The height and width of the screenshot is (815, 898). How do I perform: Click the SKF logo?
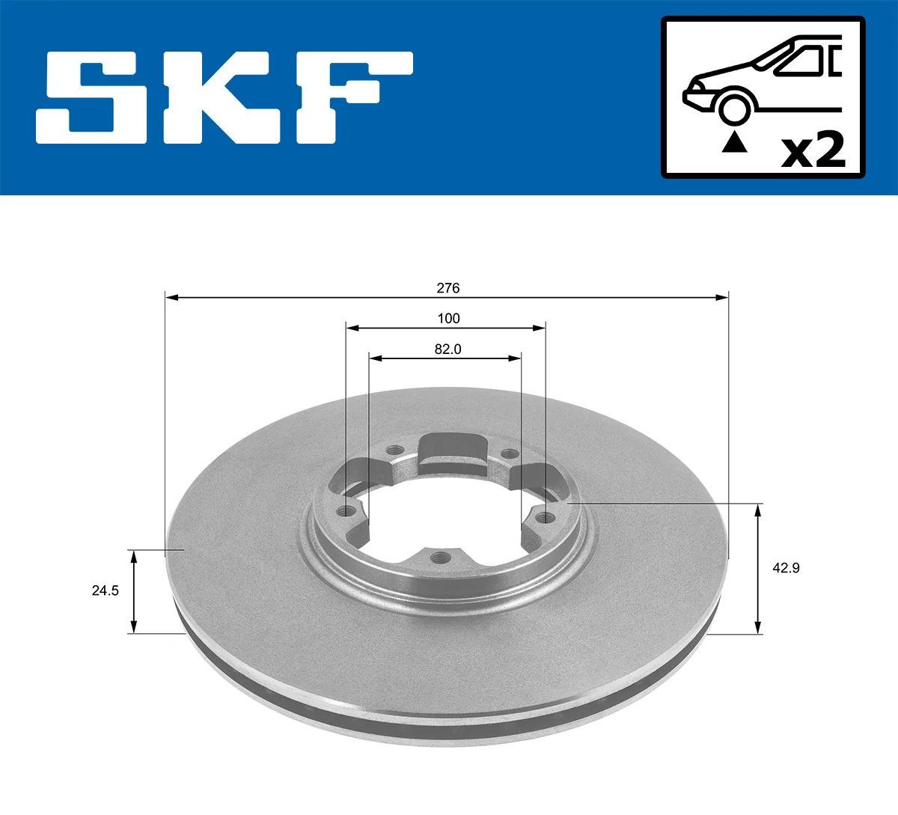pos(224,97)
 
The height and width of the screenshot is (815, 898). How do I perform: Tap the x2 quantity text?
pos(813,150)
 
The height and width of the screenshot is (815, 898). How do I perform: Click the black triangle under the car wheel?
pos(734,142)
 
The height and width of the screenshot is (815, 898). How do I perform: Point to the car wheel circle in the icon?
pos(734,108)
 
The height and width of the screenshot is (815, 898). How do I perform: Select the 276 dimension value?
pos(448,288)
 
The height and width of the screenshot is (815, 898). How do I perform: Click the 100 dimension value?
pos(448,319)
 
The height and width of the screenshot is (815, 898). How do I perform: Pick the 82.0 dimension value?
pos(448,349)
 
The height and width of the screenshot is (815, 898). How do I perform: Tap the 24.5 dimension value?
pos(105,590)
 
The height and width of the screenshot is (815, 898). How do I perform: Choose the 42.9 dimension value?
pos(786,568)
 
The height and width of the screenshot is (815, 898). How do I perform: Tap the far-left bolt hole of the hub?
pos(346,511)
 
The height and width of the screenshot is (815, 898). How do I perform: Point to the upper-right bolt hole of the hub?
pos(508,454)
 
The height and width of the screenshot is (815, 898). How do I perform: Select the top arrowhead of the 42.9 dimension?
pos(759,510)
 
